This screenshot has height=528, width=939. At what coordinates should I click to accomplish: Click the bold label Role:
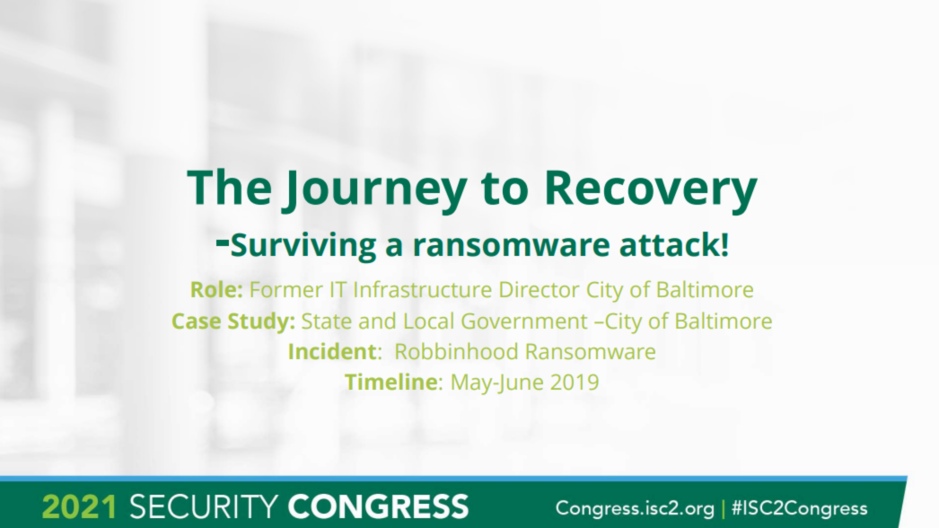[x=216, y=290]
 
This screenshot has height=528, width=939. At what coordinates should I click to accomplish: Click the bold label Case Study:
[x=233, y=321]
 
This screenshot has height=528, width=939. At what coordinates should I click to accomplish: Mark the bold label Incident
[x=329, y=351]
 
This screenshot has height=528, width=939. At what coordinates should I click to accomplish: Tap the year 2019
[x=575, y=382]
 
